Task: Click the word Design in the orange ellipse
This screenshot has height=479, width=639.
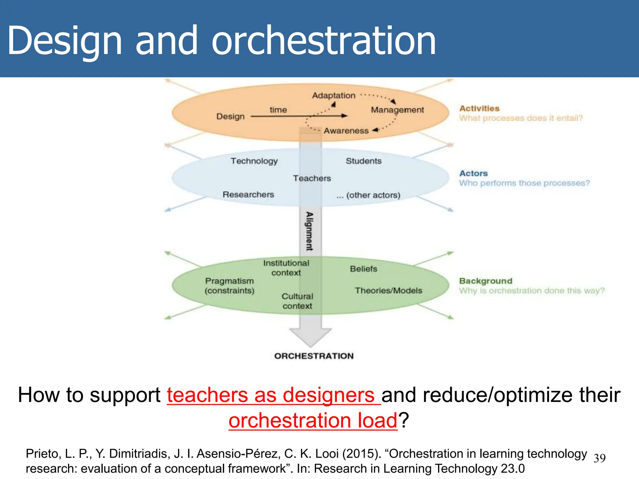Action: pyautogui.click(x=230, y=116)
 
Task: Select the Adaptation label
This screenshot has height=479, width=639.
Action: pyautogui.click(x=334, y=95)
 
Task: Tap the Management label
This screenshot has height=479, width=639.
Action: pyautogui.click(x=397, y=110)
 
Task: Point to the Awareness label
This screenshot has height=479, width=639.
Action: pyautogui.click(x=346, y=131)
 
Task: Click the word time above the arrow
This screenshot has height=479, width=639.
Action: pyautogui.click(x=278, y=110)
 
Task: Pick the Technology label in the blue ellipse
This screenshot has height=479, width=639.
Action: pyautogui.click(x=254, y=161)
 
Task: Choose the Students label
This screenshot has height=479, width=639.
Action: pyautogui.click(x=363, y=161)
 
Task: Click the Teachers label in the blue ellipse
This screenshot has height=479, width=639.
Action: pyautogui.click(x=312, y=178)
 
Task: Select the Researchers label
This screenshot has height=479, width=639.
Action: pyautogui.click(x=248, y=195)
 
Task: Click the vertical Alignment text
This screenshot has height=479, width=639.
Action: pyautogui.click(x=309, y=231)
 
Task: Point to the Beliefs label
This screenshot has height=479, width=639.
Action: pyautogui.click(x=363, y=269)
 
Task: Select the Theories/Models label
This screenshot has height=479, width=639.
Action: pyautogui.click(x=388, y=291)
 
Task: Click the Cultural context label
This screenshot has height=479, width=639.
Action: pyautogui.click(x=297, y=301)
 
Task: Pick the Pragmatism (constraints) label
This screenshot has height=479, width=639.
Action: pyautogui.click(x=229, y=286)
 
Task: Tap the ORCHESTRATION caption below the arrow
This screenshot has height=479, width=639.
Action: pyautogui.click(x=314, y=356)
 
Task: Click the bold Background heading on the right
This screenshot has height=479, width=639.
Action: pyautogui.click(x=485, y=281)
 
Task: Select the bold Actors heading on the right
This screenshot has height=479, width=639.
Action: pyautogui.click(x=473, y=173)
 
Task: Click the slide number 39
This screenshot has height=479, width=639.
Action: pyautogui.click(x=599, y=458)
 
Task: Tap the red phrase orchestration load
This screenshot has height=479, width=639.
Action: pyautogui.click(x=313, y=420)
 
